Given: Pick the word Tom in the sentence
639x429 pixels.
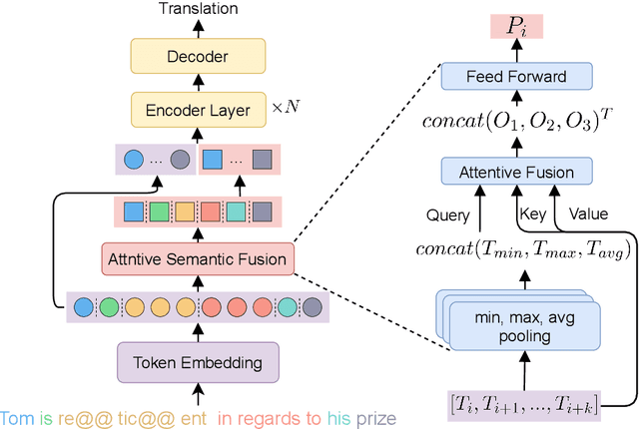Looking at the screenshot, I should click(x=17, y=417).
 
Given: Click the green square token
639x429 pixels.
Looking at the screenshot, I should click(x=160, y=212).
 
